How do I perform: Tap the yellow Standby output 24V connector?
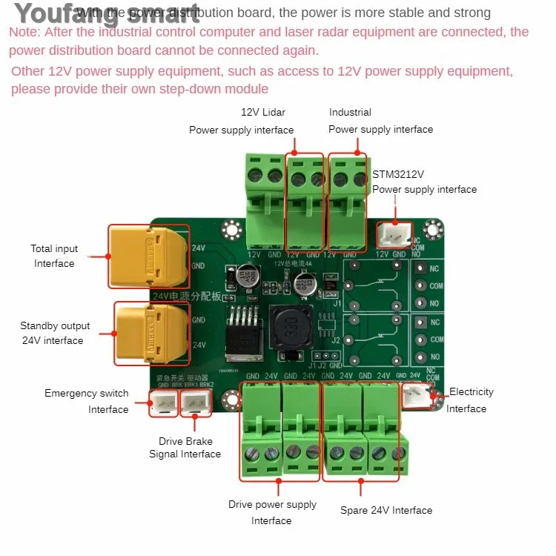150,332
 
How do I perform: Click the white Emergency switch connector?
162,403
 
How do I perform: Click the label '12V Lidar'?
263,112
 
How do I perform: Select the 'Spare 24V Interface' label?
386,510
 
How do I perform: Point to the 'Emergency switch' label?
86,393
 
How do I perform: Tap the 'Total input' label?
54,248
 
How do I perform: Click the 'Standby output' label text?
55,325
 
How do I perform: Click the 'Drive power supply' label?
272,504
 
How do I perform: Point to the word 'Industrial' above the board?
350,112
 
